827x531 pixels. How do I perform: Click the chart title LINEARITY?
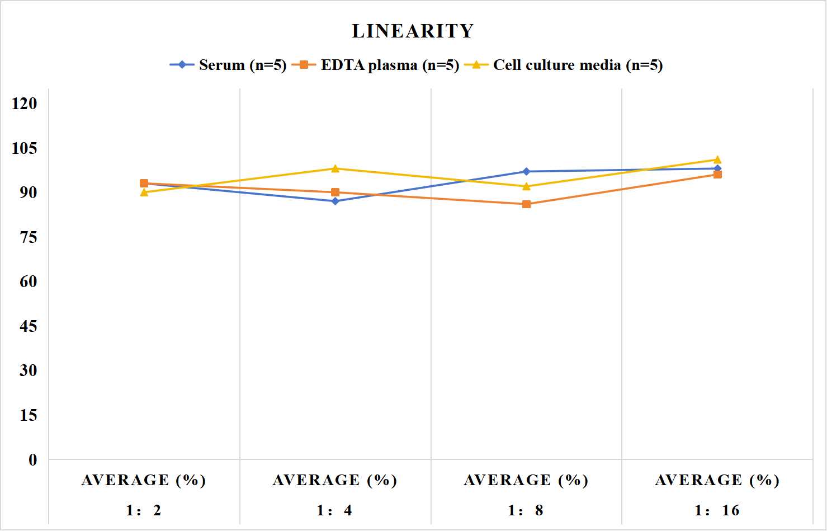pyautogui.click(x=413, y=31)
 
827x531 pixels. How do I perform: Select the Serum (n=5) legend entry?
pyautogui.click(x=228, y=65)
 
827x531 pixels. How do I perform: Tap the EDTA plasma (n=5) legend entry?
pyautogui.click(x=375, y=65)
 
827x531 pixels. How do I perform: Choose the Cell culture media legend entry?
pyautogui.click(x=564, y=65)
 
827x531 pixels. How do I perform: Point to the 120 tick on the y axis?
pyautogui.click(x=25, y=103)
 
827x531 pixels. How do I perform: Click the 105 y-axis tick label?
pyautogui.click(x=25, y=148)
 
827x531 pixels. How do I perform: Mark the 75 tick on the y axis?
pyautogui.click(x=29, y=237)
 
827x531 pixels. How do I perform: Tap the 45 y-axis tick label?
pyautogui.click(x=29, y=326)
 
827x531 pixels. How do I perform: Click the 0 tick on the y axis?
pyautogui.click(x=33, y=460)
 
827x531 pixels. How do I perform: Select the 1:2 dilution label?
pyautogui.click(x=144, y=510)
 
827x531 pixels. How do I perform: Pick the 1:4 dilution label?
pyautogui.click(x=334, y=510)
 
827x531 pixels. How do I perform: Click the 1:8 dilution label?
pyautogui.click(x=526, y=510)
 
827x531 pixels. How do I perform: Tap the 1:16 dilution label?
pyautogui.click(x=717, y=510)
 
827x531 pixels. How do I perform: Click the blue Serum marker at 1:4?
pyautogui.click(x=335, y=201)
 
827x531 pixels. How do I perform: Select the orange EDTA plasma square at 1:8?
pyautogui.click(x=527, y=204)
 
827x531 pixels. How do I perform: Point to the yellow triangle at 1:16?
pyautogui.click(x=717, y=159)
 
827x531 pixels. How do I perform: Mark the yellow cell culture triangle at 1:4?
pyautogui.click(x=335, y=168)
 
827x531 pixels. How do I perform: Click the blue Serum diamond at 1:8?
pyautogui.click(x=527, y=171)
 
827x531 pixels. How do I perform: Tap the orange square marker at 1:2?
pyautogui.click(x=144, y=184)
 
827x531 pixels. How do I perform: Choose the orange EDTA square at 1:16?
pyautogui.click(x=717, y=175)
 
